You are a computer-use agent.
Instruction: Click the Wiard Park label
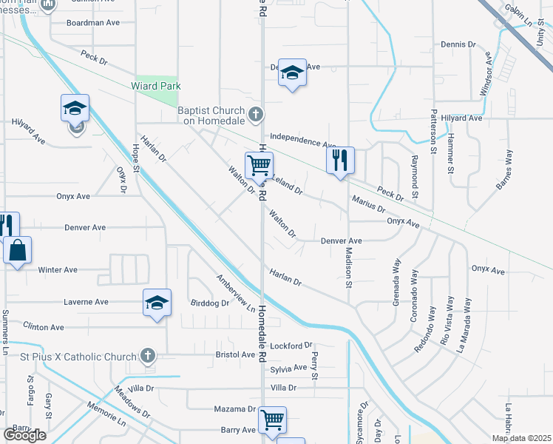[x=155, y=86]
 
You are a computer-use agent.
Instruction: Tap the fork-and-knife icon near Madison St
[x=340, y=160]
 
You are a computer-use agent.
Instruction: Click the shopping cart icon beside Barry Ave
[x=273, y=420]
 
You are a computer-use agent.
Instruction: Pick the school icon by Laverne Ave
[x=157, y=302]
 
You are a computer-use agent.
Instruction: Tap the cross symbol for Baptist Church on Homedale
[x=256, y=114]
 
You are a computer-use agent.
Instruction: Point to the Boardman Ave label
[x=92, y=23]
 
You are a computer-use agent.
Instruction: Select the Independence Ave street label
[x=303, y=139]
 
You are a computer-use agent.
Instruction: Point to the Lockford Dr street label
[x=292, y=345]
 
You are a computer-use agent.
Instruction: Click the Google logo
[x=24, y=435]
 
